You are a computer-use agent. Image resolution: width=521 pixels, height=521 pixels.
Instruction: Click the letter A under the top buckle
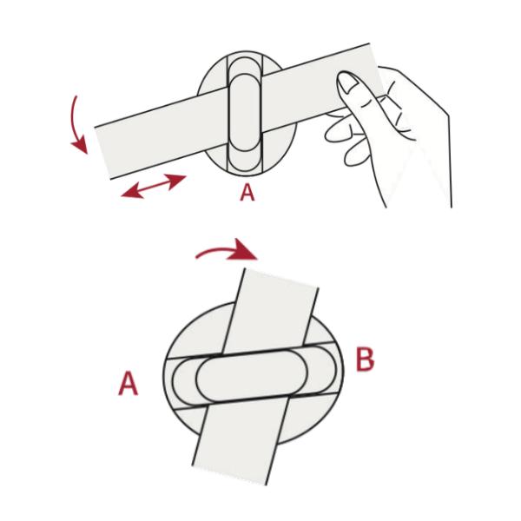tap(247, 193)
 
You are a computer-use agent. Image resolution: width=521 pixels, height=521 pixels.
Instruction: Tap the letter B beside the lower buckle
tap(365, 359)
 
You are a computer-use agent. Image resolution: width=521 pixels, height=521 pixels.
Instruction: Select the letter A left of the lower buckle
tap(128, 383)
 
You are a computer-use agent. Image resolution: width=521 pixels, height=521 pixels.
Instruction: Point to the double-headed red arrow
tap(154, 186)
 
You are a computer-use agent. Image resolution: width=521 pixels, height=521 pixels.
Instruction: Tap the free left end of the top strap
tap(103, 153)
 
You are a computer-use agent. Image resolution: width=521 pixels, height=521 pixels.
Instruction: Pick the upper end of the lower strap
tap(281, 278)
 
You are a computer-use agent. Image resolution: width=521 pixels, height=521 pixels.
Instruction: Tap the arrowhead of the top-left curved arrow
tap(80, 146)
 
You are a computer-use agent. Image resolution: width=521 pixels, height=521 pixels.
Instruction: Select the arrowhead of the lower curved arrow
tap(244, 249)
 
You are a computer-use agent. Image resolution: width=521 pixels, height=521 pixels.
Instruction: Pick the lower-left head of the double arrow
tap(130, 193)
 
